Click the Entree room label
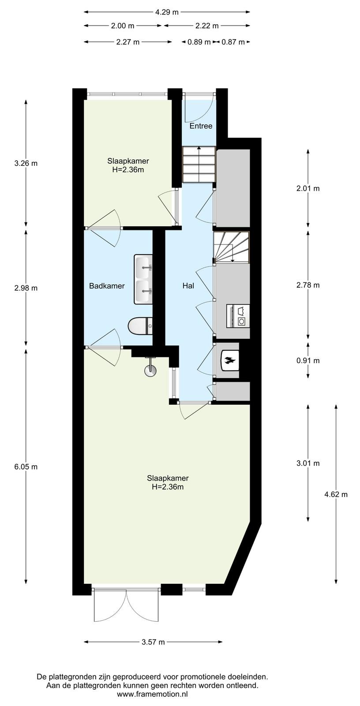tap(201, 126)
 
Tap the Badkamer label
tap(107, 286)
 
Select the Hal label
tap(188, 286)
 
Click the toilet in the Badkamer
tap(140, 326)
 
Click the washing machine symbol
tap(238, 315)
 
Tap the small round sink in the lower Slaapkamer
tap(150, 371)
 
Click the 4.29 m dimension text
tap(167, 12)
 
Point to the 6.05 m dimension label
tap(26, 467)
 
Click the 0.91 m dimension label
tap(308, 361)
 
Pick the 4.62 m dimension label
tap(336, 495)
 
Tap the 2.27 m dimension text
tap(127, 42)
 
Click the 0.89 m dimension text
tap(199, 42)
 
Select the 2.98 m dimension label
tap(26, 288)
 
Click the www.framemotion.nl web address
tap(153, 694)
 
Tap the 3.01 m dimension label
tap(308, 463)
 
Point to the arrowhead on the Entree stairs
tap(199, 148)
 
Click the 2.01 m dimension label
tap(308, 189)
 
